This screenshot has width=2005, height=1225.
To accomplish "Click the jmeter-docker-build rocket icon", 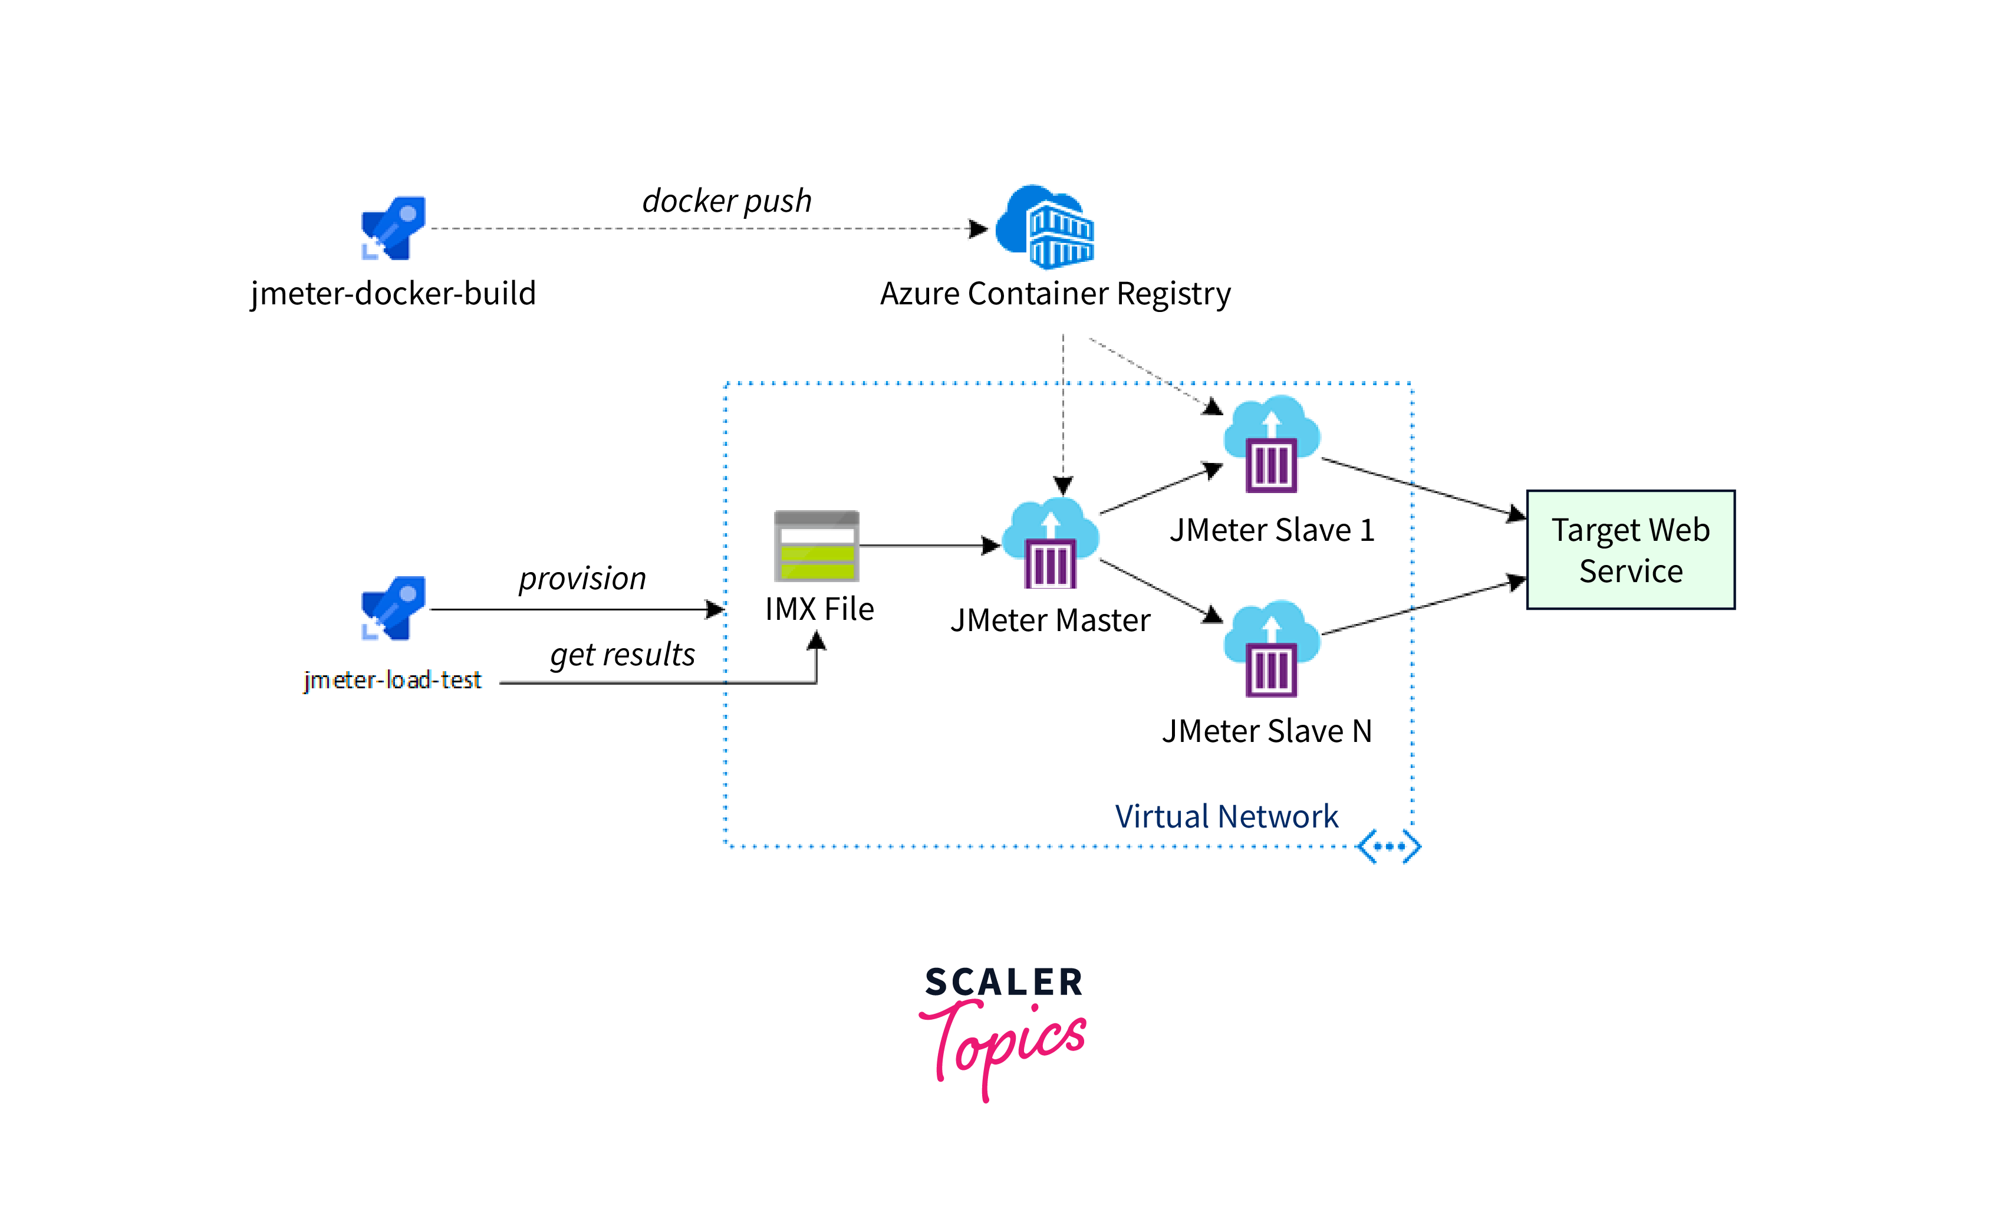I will tap(394, 229).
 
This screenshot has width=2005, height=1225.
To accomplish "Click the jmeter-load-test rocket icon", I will tap(394, 609).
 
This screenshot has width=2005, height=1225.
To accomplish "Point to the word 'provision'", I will tap(582, 579).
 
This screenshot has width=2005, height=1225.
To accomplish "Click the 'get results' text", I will tap(623, 655).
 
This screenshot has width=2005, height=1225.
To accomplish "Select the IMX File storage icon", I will tap(816, 546).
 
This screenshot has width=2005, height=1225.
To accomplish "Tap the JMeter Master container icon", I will tap(1051, 544).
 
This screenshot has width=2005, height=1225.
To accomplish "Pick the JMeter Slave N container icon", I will tap(1272, 649).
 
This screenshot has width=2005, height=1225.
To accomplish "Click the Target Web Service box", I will tap(1631, 550).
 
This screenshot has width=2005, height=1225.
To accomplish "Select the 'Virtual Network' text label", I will tap(1226, 816).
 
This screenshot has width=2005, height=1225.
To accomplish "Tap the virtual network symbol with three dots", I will tap(1389, 846).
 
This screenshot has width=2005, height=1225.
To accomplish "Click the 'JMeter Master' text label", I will tap(1051, 621).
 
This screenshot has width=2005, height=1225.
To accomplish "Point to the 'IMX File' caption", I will tap(819, 609).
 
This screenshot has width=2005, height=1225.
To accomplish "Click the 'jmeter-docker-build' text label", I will tap(394, 294).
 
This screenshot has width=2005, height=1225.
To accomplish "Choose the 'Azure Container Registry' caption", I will tap(1055, 294).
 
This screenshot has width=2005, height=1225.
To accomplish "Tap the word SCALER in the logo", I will tap(1004, 983).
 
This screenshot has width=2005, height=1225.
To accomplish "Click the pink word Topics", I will tap(1004, 1046).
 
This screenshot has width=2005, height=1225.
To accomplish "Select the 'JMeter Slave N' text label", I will tap(1267, 731).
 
